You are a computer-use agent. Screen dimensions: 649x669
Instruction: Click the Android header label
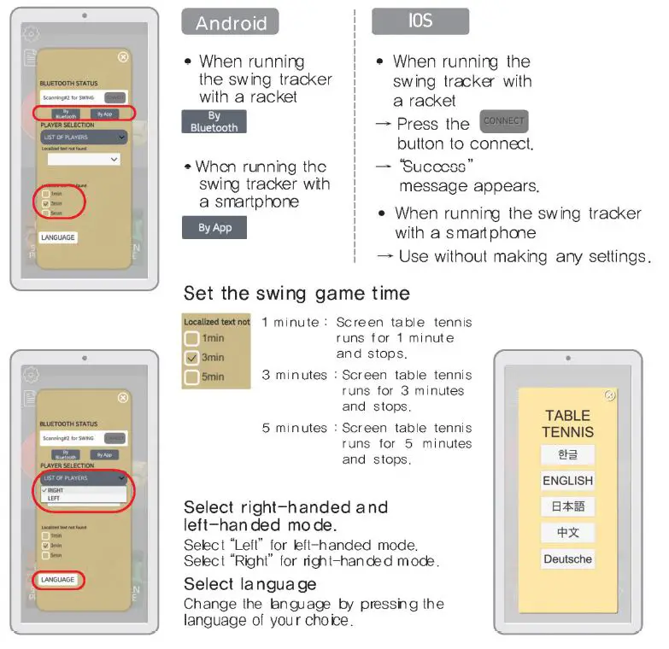(230, 22)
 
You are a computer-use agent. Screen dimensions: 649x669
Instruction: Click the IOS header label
(420, 21)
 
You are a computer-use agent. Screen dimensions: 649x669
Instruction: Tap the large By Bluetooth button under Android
(214, 121)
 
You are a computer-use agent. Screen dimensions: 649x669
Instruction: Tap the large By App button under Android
(214, 228)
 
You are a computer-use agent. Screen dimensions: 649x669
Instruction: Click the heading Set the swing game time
(296, 294)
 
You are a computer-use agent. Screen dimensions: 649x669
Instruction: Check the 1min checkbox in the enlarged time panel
(192, 339)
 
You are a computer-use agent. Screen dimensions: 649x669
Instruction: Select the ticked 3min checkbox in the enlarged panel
(192, 358)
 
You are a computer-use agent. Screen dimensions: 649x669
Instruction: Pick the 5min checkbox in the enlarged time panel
(192, 377)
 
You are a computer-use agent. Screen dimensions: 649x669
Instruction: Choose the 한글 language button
(567, 454)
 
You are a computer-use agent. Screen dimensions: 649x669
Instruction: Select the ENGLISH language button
(567, 481)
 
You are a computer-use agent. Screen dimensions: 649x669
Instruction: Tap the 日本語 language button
(567, 506)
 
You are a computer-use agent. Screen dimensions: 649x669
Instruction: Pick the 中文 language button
(567, 533)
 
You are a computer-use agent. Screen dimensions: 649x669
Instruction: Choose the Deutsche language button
(567, 559)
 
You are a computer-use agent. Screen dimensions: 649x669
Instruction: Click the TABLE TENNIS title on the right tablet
(567, 424)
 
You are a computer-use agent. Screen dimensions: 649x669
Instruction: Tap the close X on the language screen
(609, 395)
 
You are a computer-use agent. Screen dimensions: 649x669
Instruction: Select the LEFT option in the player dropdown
(55, 499)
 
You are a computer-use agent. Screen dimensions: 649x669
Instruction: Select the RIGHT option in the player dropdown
(56, 491)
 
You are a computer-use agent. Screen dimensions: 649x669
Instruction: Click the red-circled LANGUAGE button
(58, 580)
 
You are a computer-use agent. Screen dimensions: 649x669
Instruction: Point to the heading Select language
(249, 584)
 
